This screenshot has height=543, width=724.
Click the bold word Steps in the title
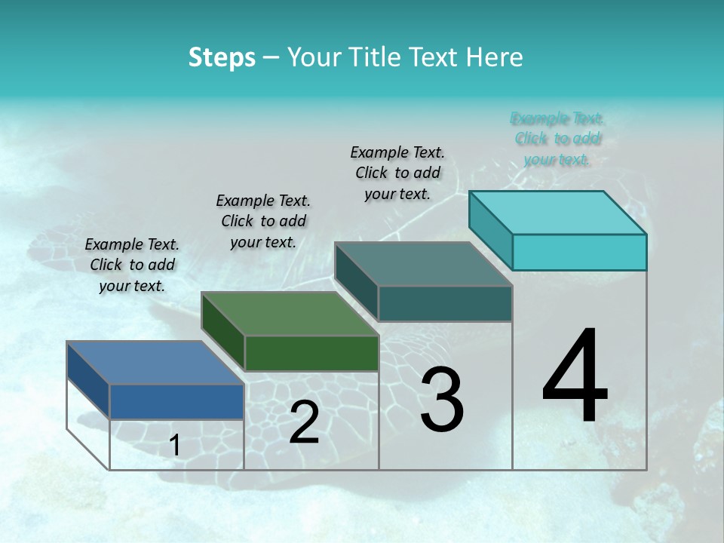pos(222,57)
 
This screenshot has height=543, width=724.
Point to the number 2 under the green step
pos(304,422)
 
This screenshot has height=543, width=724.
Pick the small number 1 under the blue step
pos(175,445)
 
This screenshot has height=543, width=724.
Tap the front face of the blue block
pos(176,401)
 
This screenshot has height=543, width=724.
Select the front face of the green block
pos(311,353)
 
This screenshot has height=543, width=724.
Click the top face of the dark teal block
pos(423,264)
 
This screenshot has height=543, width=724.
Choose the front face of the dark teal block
pos(445,303)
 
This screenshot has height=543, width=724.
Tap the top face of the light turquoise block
pos(557,213)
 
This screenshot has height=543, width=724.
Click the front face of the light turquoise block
pos(579,252)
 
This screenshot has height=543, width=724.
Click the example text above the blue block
pos(132,265)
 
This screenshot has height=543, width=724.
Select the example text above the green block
pos(263,221)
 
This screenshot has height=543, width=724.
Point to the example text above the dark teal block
pos(397,173)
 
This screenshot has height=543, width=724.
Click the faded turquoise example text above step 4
pos(557,139)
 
